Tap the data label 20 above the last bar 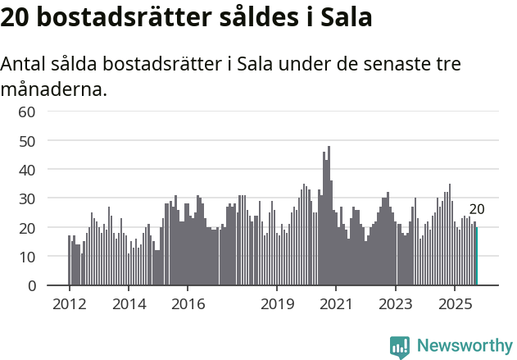point(477,209)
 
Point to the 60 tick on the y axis point(27,112)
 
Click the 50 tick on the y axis point(27,140)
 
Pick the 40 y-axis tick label point(27,170)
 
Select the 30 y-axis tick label point(27,198)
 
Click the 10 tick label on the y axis point(27,257)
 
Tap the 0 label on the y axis point(32,285)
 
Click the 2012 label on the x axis point(69,304)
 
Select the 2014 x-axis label point(128,304)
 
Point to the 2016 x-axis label point(188,304)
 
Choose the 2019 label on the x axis point(277,304)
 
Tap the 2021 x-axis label point(336,304)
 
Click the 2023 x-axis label point(396,304)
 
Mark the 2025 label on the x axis point(455,304)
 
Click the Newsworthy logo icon point(400,346)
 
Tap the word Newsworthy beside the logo point(464,346)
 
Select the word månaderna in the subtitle point(54,89)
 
